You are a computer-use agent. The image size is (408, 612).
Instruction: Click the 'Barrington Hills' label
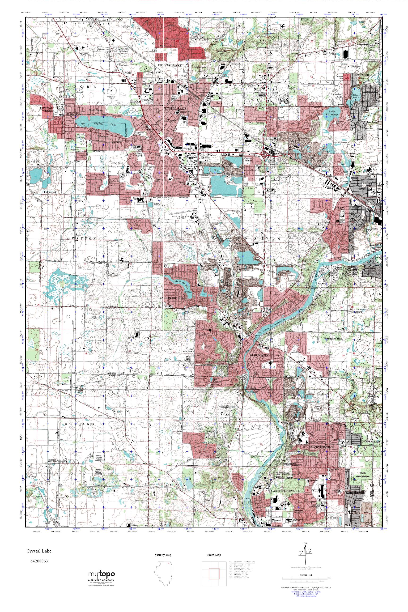(x=334, y=339)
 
